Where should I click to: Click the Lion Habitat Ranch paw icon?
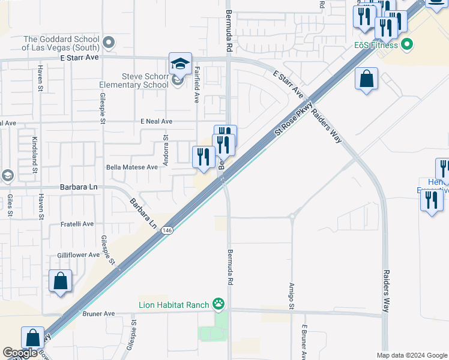coord(218,305)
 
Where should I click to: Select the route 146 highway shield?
coord(167,230)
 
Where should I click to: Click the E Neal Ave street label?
coord(156,121)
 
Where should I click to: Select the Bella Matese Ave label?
coord(132,167)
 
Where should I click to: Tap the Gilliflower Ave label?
coord(78,255)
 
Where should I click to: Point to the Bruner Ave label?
coord(98,314)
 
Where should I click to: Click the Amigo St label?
coord(292,296)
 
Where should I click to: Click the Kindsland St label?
coord(34,155)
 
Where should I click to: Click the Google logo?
coord(20,353)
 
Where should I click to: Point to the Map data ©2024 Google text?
coord(412,355)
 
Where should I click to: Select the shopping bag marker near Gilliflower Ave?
coord(60,281)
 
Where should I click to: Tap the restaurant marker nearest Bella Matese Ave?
coord(203,157)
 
